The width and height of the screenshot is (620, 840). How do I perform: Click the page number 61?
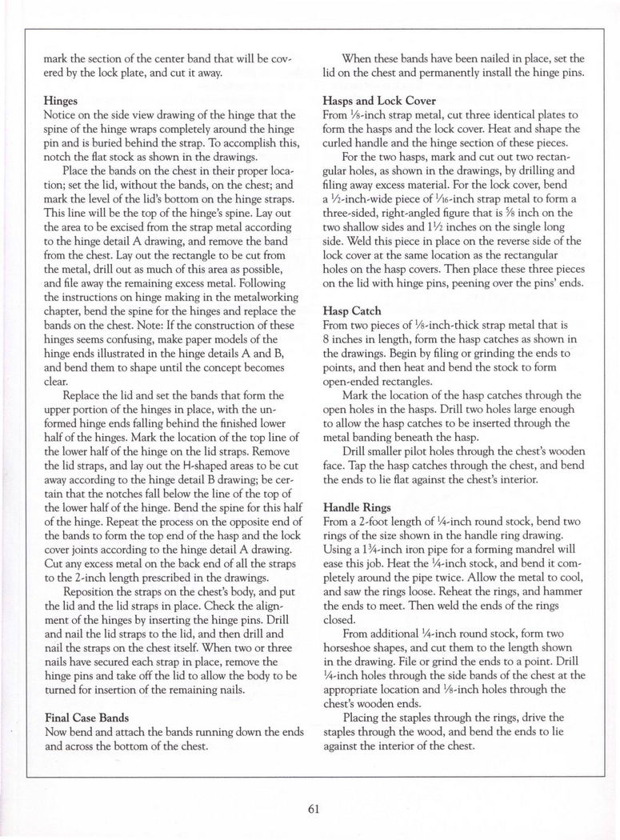314,807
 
